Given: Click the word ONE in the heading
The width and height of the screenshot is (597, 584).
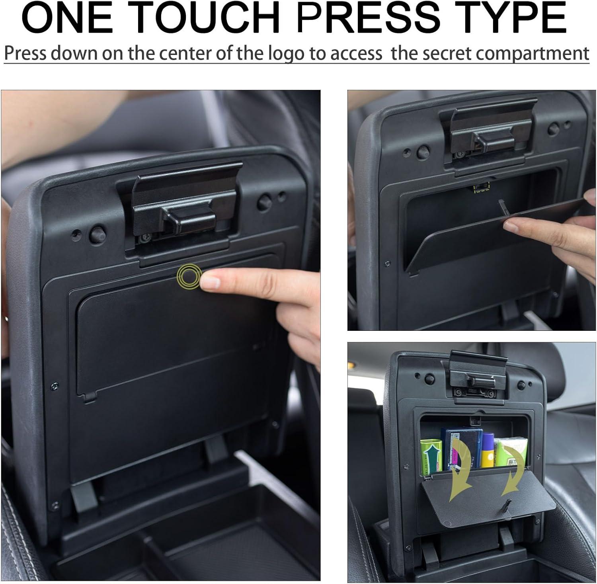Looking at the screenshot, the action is click(68, 18).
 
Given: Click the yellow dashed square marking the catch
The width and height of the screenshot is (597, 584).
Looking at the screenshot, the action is click(482, 187).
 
